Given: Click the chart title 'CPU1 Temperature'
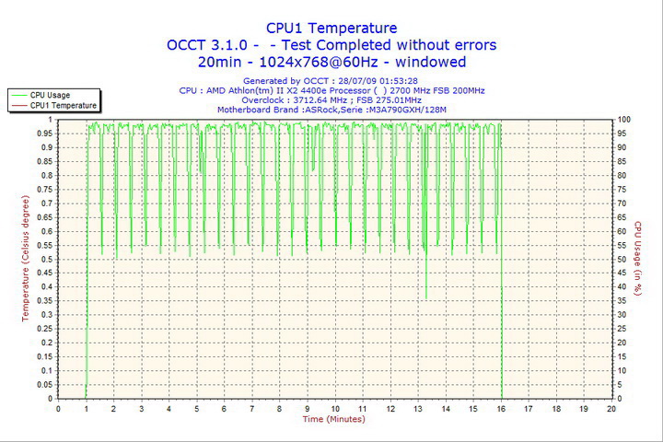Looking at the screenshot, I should coord(331,29).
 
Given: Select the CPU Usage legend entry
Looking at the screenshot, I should coord(50,95).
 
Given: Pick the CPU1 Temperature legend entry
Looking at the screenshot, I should coord(63,106).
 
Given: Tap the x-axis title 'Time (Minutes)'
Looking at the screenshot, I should coord(333,420).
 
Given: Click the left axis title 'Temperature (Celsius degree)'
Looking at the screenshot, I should coord(26,258).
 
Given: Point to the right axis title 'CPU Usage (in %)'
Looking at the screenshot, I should coord(636,259).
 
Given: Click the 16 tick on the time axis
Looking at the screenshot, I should coord(501,408).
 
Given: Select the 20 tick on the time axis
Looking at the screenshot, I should coord(611,408).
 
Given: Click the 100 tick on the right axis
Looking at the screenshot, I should coord(624,119).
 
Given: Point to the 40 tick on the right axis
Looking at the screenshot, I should coord(623,287).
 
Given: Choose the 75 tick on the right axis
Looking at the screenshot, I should coord(623,189).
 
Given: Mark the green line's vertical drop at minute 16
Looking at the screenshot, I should coord(501,276).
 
